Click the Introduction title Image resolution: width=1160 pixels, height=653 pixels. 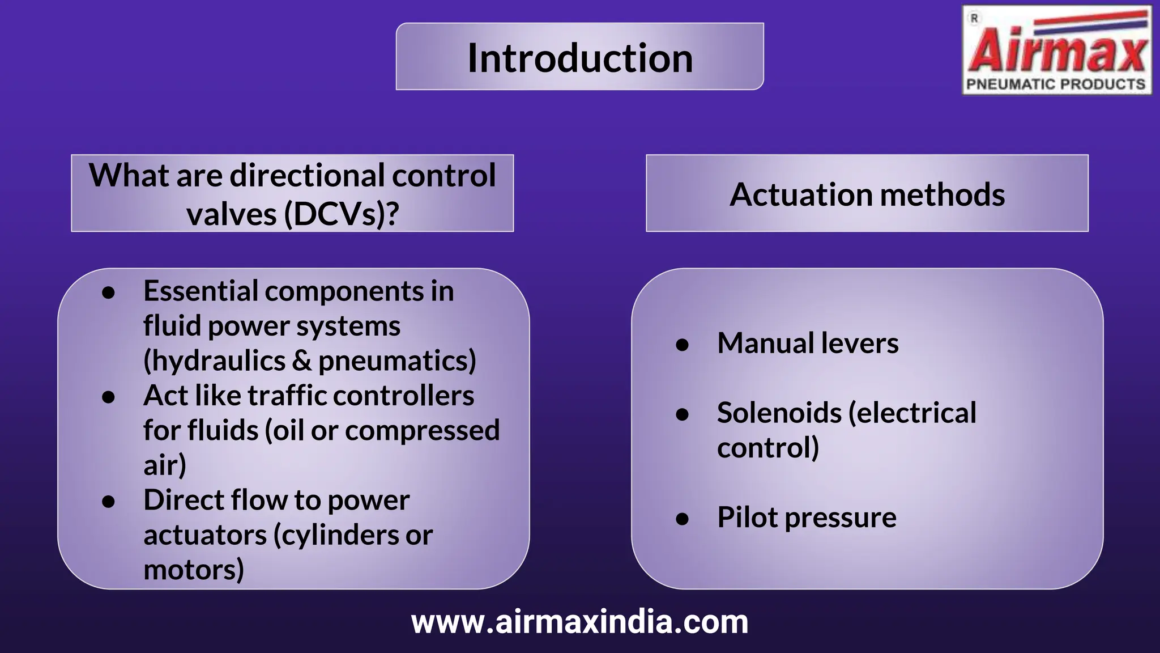pos(579,58)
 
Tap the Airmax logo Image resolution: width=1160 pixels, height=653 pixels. pos(1057,51)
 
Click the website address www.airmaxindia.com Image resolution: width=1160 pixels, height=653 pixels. pos(579,622)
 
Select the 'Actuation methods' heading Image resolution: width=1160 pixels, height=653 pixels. pos(867,194)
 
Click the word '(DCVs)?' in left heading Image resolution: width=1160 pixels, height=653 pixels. pos(342,214)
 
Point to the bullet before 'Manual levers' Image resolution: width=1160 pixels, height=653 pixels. pos(682,345)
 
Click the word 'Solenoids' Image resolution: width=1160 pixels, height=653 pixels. pos(779,413)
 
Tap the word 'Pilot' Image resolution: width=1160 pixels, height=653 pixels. pos(747,517)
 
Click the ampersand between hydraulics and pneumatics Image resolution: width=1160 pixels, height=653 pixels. pos(301,361)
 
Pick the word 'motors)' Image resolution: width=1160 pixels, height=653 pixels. pos(194,570)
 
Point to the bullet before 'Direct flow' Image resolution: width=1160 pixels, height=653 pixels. pos(109,502)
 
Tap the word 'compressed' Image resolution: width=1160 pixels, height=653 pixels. pos(422,431)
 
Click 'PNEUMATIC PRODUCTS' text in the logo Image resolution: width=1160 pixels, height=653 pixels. pos(1055,84)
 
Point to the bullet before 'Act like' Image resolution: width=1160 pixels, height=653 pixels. pos(109,397)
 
